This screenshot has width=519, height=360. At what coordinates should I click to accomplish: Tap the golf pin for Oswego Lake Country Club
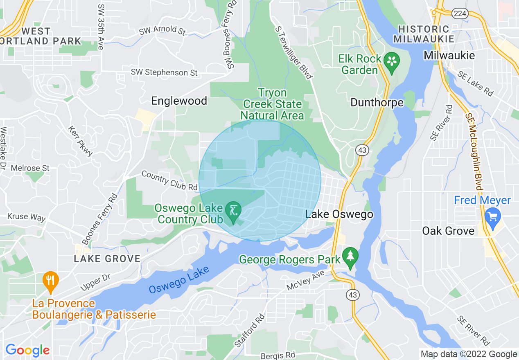pos(233,211)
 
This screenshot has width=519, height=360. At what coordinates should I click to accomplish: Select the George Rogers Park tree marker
pos(350,256)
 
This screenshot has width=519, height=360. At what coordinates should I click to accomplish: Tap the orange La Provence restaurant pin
pos(50,281)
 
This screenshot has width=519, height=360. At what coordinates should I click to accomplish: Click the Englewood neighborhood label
pos(179,101)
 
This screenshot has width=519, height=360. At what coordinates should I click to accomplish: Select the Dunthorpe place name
pos(377,102)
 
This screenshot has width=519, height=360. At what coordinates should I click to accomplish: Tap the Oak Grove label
pos(448,231)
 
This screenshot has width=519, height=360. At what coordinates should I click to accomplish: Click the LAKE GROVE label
pos(107,259)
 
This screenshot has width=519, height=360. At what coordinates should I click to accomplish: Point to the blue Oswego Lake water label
pos(179,279)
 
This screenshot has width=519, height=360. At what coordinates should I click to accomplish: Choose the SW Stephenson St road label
pos(164,72)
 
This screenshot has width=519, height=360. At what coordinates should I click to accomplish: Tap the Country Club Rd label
pos(169,180)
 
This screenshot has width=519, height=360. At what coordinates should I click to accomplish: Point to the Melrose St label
pos(30,168)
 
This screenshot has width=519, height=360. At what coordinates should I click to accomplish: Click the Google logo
pos(27,350)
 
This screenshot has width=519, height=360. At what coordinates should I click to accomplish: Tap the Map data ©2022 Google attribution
pos(469,354)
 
